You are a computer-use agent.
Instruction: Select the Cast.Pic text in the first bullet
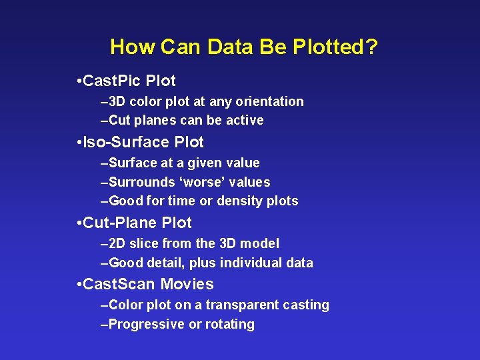pyautogui.click(x=113, y=81)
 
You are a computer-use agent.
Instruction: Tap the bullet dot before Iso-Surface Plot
pyautogui.click(x=79, y=142)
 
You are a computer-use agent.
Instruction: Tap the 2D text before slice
pyautogui.click(x=117, y=243)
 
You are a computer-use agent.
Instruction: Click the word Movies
pyautogui.click(x=187, y=284)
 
